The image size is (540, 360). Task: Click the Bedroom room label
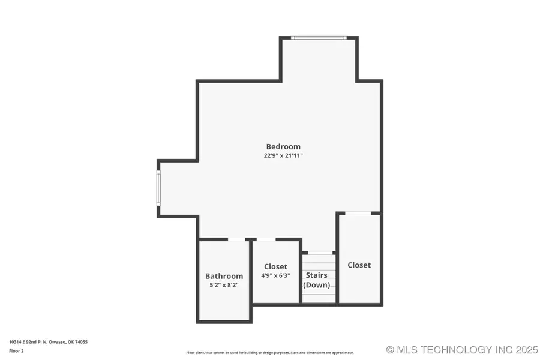(x=283, y=146)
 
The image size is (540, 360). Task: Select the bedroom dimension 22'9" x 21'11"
(x=283, y=155)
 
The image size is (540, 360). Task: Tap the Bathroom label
(x=224, y=276)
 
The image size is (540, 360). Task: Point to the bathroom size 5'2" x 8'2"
(x=224, y=285)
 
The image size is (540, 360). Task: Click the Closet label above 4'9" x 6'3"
(x=275, y=266)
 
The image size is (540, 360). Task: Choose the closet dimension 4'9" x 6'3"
(x=275, y=275)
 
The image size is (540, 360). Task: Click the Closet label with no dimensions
(x=359, y=265)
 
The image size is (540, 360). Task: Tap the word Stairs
(x=316, y=275)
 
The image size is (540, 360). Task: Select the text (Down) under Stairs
(x=316, y=285)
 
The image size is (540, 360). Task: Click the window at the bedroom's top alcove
(x=318, y=38)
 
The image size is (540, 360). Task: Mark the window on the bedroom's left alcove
(x=158, y=188)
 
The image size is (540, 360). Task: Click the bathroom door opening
(x=236, y=239)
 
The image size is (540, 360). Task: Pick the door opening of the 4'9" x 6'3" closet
(x=266, y=239)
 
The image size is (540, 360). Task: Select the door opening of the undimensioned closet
(x=358, y=213)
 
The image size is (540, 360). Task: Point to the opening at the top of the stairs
(x=319, y=253)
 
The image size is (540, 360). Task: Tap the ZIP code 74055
(x=80, y=341)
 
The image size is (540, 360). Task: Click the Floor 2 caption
(x=17, y=350)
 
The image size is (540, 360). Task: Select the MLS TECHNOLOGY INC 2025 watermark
(x=462, y=349)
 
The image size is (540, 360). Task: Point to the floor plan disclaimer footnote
(x=270, y=353)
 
